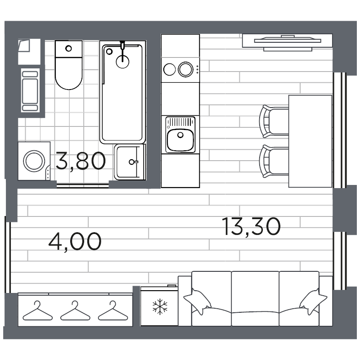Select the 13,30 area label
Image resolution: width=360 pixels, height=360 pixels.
pos(252,226)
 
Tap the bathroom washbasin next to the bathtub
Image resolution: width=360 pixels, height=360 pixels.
pos(130,162)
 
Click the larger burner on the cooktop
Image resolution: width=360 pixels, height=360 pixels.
pos(185,69)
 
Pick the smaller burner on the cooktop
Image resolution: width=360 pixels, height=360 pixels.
pos(170,69)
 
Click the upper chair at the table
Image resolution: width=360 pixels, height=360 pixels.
pos(273,121)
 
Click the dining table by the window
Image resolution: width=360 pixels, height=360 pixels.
pos(310,140)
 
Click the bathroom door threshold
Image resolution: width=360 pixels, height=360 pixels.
pos(83,184)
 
